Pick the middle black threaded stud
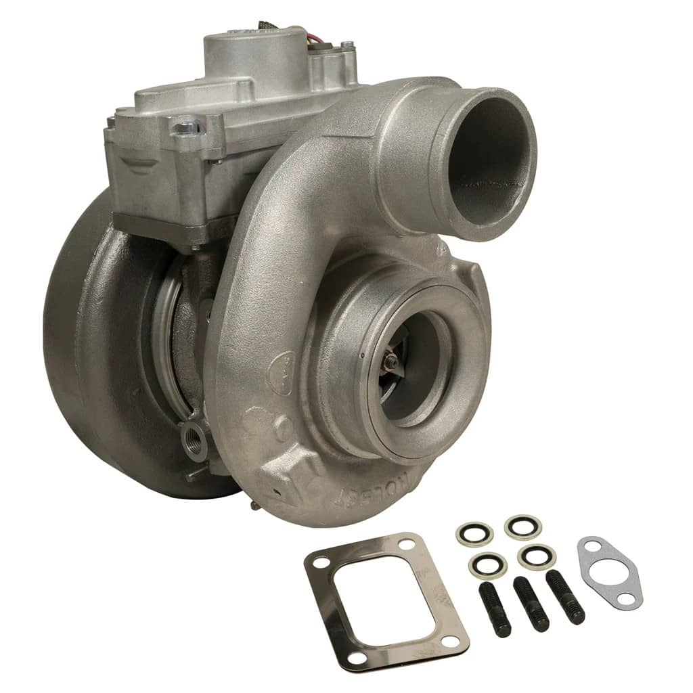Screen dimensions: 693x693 coord(531,604)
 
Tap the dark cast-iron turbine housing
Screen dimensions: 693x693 coord(95,338)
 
